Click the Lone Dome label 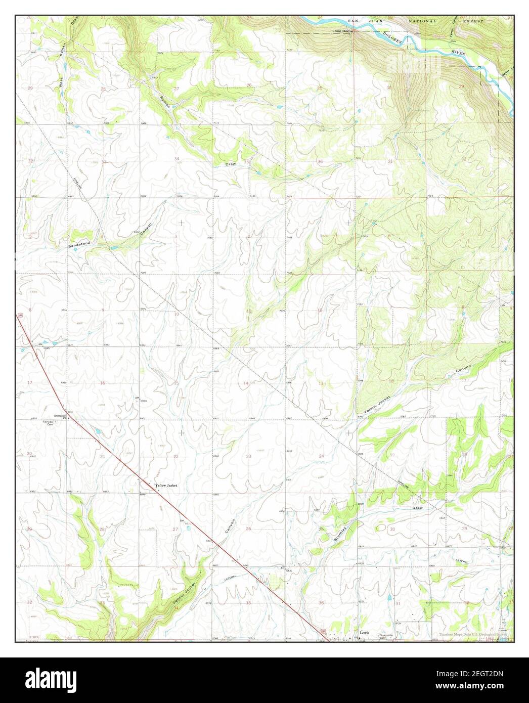(342, 31)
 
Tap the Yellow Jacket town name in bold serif (166, 486)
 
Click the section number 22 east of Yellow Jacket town (176, 457)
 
